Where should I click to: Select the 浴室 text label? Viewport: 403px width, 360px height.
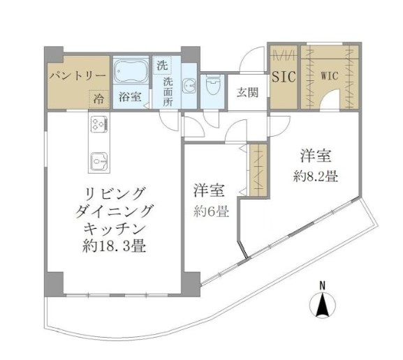(x=130, y=97)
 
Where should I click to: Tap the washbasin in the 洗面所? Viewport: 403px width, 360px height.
(x=188, y=87)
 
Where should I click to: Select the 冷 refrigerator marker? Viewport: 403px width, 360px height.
(x=99, y=98)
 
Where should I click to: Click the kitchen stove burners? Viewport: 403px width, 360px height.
(x=97, y=125)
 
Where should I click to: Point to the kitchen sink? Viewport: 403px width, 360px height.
(x=97, y=161)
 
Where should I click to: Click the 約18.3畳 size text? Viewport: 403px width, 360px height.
(x=115, y=246)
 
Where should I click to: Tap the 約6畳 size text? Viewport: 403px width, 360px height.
(x=211, y=212)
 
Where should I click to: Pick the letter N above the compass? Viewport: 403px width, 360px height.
(x=323, y=285)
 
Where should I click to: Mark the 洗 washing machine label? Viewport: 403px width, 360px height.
(x=162, y=66)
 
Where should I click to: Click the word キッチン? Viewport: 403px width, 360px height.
(x=115, y=228)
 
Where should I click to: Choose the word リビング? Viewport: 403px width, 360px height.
(x=115, y=192)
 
